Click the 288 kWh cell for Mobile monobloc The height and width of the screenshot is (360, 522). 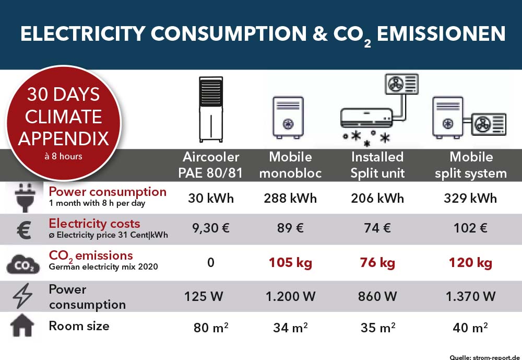pyautogui.click(x=290, y=199)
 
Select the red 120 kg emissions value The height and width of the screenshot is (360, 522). pyautogui.click(x=470, y=263)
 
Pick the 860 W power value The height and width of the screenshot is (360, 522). pyautogui.click(x=377, y=297)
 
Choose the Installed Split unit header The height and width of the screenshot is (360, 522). pyautogui.click(x=377, y=165)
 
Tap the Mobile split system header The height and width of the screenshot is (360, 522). pyautogui.click(x=471, y=165)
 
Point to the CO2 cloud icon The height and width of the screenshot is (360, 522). pyautogui.click(x=22, y=264)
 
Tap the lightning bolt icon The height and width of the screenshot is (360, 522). pyautogui.click(x=22, y=297)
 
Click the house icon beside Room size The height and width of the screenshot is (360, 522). pyautogui.click(x=22, y=327)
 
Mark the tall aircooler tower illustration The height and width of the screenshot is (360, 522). pyautogui.click(x=212, y=110)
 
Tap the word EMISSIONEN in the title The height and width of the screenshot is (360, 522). pyautogui.click(x=441, y=34)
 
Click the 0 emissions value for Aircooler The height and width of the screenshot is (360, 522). pyautogui.click(x=211, y=263)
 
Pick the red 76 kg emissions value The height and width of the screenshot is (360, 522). pyautogui.click(x=377, y=263)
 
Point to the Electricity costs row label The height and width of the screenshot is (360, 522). pyautogui.click(x=94, y=224)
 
